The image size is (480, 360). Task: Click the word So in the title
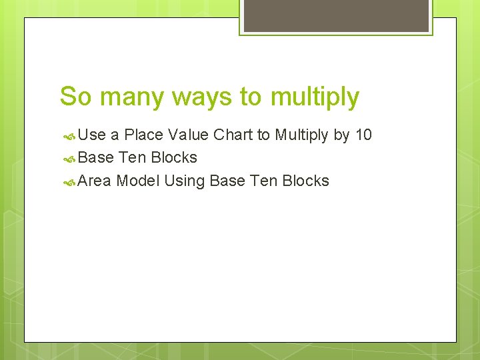[x=73, y=97]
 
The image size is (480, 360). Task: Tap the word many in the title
[x=127, y=97]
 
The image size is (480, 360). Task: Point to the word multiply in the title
[x=315, y=97]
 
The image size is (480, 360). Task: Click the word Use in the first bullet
[x=92, y=135]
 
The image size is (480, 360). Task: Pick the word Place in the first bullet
[x=144, y=135]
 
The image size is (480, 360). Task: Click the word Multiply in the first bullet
[x=302, y=135]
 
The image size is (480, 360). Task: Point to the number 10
[x=363, y=135]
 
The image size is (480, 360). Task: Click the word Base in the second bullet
[x=96, y=158]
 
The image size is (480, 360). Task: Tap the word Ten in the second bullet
[x=133, y=158]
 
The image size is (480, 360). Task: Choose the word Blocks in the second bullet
[x=174, y=158]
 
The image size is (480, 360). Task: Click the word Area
[x=95, y=181]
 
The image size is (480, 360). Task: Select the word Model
[x=138, y=181]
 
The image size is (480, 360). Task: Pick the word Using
[x=185, y=181]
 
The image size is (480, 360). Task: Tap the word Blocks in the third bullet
[x=306, y=181]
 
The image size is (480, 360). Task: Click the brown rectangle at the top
[x=335, y=15]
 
